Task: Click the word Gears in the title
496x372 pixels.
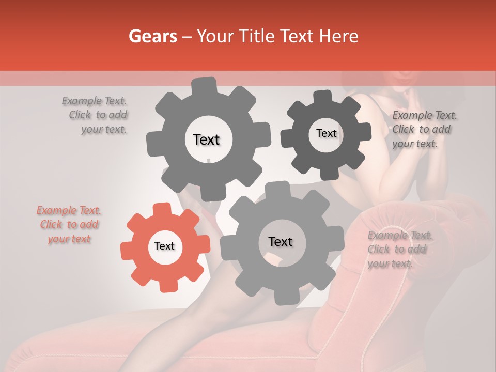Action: click(151, 36)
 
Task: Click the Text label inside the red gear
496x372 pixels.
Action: click(164, 246)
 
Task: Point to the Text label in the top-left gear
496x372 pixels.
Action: click(206, 139)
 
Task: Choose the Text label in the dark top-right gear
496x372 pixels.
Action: click(326, 133)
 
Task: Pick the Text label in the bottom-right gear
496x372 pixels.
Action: click(281, 241)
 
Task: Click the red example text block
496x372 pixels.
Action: click(69, 225)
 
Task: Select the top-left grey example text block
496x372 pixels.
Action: click(95, 115)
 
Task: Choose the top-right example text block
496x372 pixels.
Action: click(424, 129)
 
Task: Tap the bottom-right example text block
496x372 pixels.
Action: click(399, 250)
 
